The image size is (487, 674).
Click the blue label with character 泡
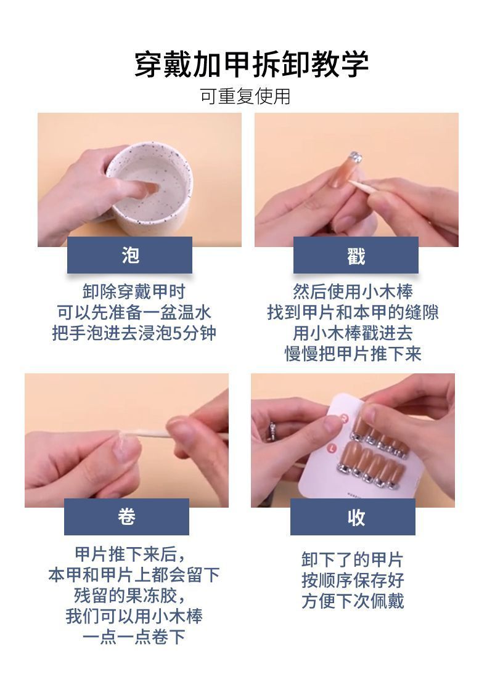pos(129,255)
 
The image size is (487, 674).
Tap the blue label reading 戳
pos(356,255)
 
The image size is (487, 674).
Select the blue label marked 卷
pos(126,517)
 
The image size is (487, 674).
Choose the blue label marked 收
pos(353,517)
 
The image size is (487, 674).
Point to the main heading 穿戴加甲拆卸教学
pos(252,65)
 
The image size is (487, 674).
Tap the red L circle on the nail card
pos(332,448)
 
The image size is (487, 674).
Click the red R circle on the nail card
pos(344,416)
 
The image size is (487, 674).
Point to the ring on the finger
pos(272,431)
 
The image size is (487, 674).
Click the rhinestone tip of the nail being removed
pos(356,157)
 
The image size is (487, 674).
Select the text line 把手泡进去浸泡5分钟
pos(134,333)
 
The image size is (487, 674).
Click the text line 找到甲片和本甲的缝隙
pos(353,312)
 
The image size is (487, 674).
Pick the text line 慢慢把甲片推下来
pos(353,354)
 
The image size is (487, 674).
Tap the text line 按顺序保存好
pos(353,580)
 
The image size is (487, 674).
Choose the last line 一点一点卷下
pos(134,636)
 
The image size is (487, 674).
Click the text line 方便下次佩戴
pos(353,601)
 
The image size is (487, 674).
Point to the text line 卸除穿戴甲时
pos(134,291)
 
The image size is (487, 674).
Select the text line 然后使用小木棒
pos(353,291)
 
